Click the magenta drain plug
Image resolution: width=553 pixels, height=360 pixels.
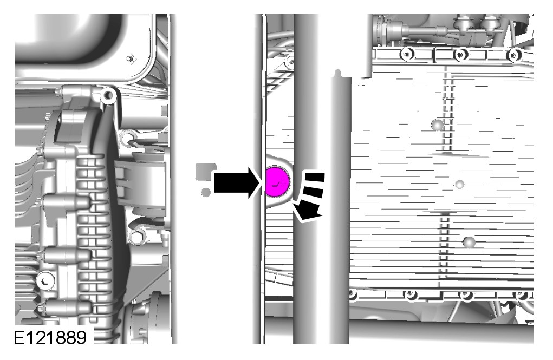pyautogui.click(x=277, y=182)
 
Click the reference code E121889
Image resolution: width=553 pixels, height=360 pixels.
pyautogui.click(x=50, y=338)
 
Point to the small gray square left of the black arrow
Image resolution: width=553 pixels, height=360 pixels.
pyautogui.click(x=205, y=171)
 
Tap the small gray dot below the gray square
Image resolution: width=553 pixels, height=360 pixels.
pyautogui.click(x=206, y=192)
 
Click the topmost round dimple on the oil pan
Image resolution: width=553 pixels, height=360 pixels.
pyautogui.click(x=438, y=125)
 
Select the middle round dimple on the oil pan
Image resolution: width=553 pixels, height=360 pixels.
pyautogui.click(x=459, y=184)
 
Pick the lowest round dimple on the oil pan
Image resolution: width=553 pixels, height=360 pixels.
pyautogui.click(x=469, y=243)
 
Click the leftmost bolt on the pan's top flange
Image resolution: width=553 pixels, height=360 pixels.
pyautogui.click(x=407, y=54)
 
